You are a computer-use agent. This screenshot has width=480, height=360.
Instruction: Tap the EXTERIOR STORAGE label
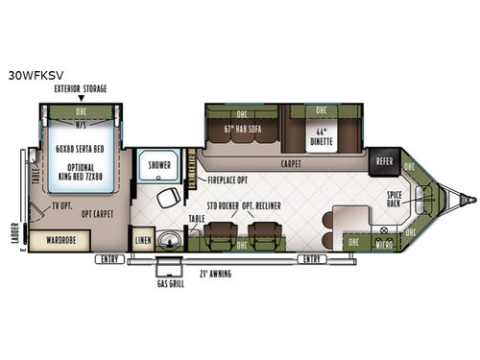80,88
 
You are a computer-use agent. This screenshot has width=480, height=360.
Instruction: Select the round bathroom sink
172,239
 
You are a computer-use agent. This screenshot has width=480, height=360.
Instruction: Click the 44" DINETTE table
319,136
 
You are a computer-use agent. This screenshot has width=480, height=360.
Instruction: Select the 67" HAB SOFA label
241,129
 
